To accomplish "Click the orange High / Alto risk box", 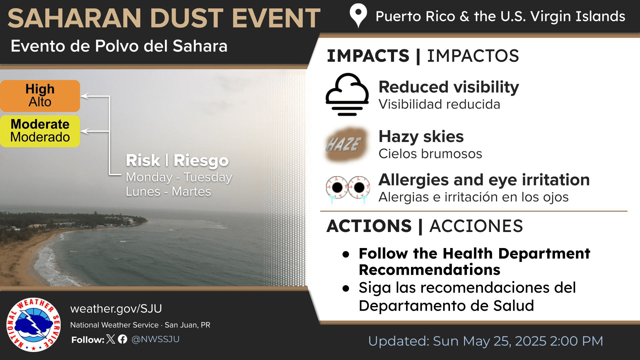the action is click(40, 96).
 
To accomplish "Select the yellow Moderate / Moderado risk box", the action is click(40, 131).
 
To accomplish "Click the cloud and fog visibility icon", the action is click(347, 94).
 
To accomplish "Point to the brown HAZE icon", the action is click(346, 144).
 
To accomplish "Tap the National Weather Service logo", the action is click(33, 324).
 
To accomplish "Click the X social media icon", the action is click(111, 339).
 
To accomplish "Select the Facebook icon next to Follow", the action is click(123, 339).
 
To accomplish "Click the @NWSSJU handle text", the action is click(155, 339).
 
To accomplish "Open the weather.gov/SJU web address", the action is click(116, 309).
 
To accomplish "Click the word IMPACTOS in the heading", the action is click(473, 56).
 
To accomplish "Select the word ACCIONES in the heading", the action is click(476, 226).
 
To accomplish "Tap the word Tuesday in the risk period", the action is click(208, 177).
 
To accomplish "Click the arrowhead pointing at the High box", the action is click(85, 96).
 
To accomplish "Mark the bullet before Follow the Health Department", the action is click(346, 255).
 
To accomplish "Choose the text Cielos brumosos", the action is click(430, 154).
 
